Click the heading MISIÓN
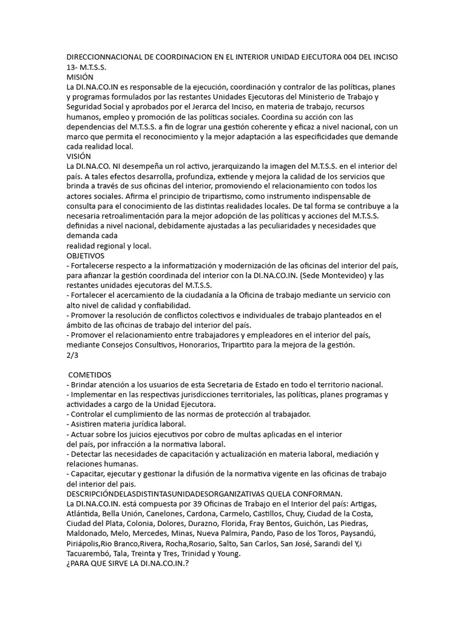point(80,77)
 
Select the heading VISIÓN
point(79,156)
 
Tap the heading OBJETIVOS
point(86,256)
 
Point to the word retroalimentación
point(143,216)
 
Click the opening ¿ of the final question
point(69,563)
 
